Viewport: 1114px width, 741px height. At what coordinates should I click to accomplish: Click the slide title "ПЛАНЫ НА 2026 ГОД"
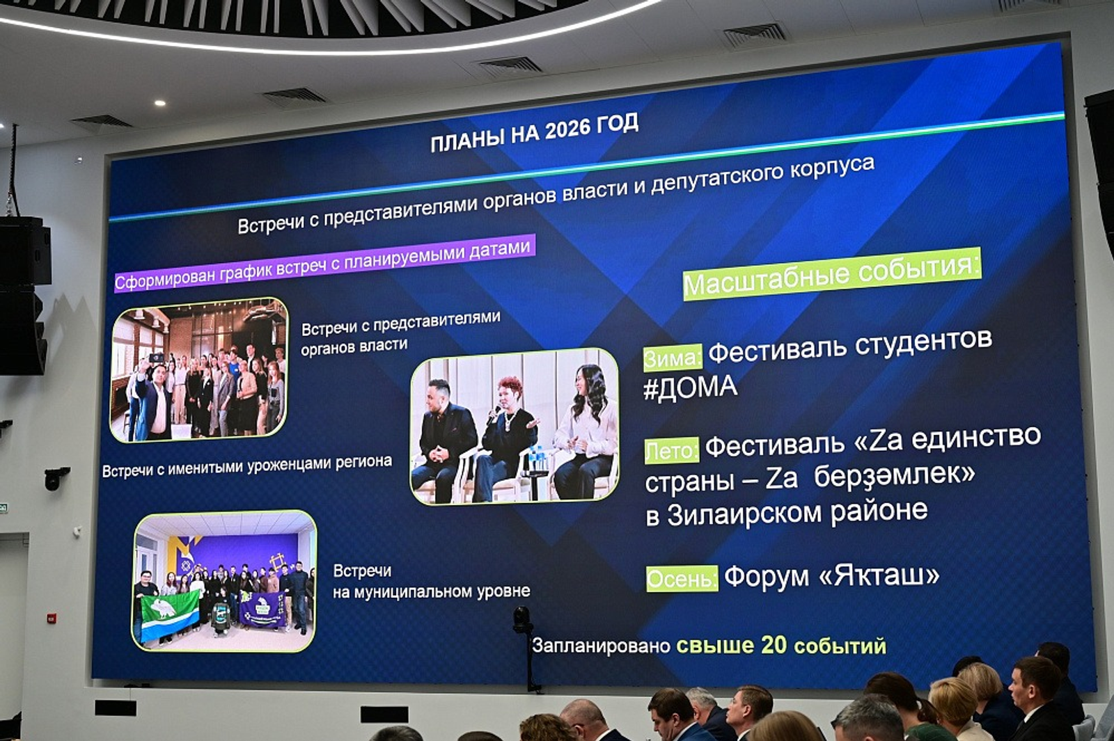pos(534,132)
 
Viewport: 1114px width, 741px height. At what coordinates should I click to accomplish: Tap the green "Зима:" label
pos(672,358)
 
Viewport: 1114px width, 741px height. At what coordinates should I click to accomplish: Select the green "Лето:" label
pos(671,451)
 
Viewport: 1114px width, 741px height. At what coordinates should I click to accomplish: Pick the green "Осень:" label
pos(681,578)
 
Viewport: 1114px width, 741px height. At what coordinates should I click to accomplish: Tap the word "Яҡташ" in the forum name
pos(880,575)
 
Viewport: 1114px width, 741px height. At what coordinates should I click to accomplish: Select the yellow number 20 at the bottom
pos(773,645)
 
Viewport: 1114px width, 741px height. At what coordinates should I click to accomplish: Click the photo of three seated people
pos(515,426)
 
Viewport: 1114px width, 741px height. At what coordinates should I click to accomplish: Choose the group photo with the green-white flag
pos(224,581)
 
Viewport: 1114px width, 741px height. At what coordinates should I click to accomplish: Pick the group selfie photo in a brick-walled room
pos(199,370)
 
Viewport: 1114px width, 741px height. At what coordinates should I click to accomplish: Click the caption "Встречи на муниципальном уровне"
pos(430,582)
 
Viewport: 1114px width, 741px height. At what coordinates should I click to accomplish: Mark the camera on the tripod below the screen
pos(522,619)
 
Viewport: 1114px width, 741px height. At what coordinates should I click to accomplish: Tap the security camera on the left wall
pos(56,477)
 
